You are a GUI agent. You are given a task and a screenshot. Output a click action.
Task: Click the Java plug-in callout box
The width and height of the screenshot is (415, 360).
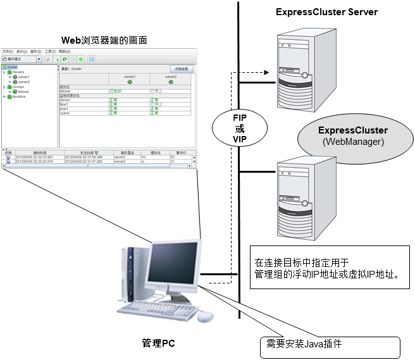(330, 346)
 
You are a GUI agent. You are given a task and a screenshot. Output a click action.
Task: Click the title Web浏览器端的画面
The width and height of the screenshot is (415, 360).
(104, 40)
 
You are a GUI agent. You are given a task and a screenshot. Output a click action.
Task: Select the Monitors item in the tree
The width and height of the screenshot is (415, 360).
(19, 97)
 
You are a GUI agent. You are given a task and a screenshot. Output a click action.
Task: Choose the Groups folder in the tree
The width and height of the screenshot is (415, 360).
(18, 87)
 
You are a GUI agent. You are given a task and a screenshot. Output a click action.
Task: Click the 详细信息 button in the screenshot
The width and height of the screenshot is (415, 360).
(181, 68)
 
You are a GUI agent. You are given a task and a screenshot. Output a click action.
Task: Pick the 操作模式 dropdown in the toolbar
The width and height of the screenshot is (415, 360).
(22, 59)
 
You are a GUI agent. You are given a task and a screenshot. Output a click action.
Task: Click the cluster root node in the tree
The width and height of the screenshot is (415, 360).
(12, 67)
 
